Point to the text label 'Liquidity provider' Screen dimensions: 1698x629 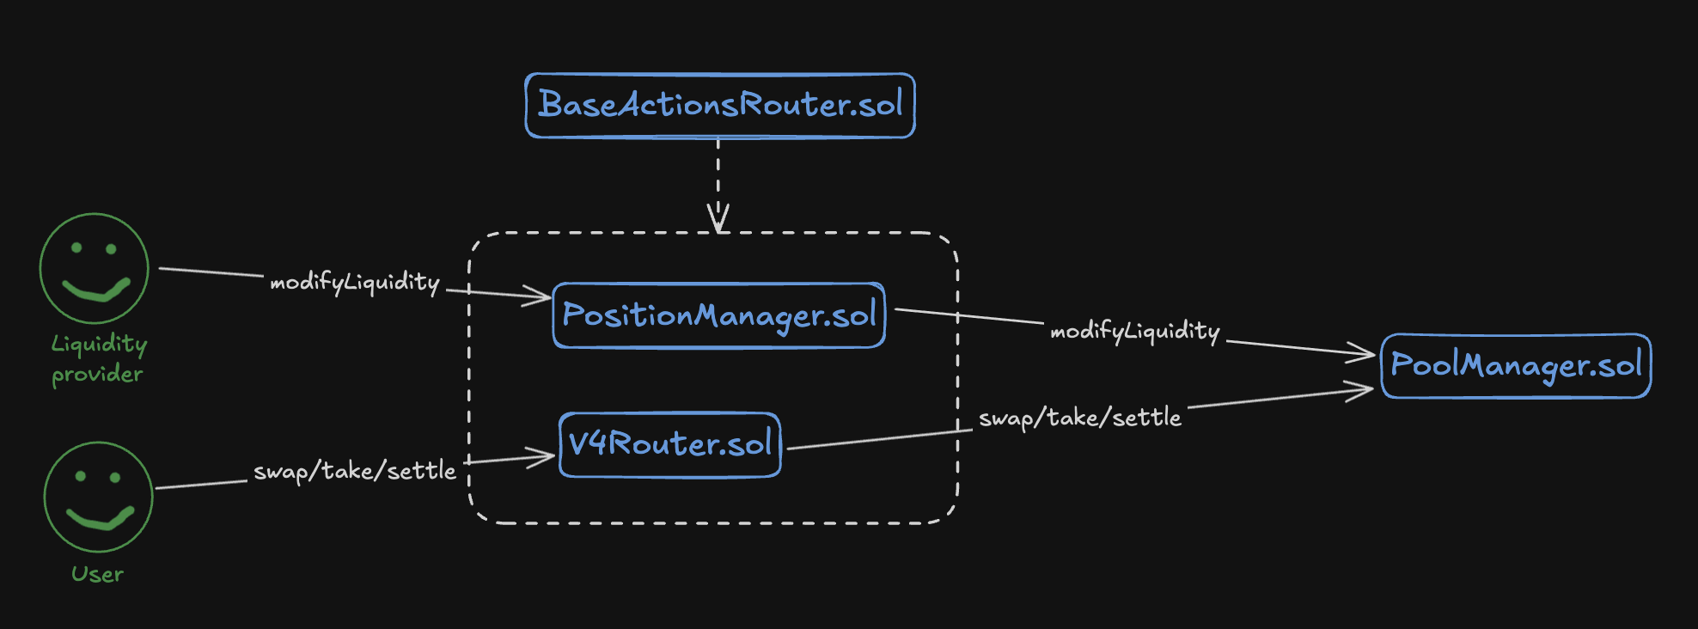[98, 359]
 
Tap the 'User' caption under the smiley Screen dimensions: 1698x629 [97, 574]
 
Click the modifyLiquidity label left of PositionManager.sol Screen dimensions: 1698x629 [355, 283]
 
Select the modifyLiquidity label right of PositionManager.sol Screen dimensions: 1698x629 [1135, 332]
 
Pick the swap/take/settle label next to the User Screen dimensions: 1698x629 [355, 471]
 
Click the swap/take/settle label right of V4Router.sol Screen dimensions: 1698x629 [1080, 418]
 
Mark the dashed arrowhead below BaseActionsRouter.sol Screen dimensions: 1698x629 [718, 218]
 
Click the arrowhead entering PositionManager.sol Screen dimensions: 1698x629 [537, 297]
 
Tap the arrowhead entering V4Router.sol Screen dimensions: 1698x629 [541, 457]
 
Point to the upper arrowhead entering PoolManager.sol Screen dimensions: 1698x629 [1361, 352]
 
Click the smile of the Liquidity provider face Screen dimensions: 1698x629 [96, 290]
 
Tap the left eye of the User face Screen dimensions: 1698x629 [81, 476]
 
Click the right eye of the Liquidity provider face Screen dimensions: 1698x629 [111, 249]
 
